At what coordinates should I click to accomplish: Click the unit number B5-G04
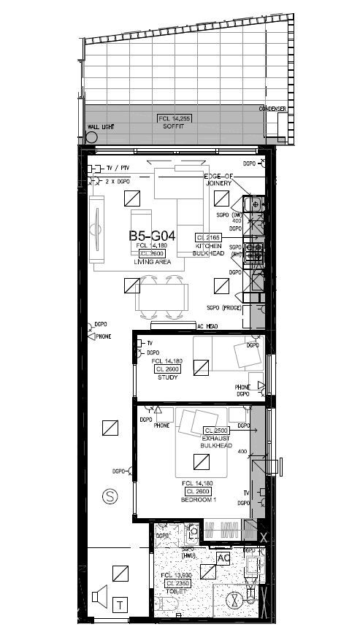pyautogui.click(x=153, y=236)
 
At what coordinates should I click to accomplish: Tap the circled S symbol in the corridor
pyautogui.click(x=110, y=496)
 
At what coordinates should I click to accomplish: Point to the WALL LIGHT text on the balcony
pyautogui.click(x=102, y=126)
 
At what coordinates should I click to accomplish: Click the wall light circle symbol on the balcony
pyautogui.click(x=92, y=136)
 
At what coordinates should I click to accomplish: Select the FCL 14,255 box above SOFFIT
pyautogui.click(x=173, y=118)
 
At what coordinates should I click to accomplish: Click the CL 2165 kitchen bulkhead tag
pyautogui.click(x=207, y=238)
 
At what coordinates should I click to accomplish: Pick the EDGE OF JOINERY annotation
pyautogui.click(x=218, y=180)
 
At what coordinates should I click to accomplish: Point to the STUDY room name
pyautogui.click(x=168, y=378)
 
